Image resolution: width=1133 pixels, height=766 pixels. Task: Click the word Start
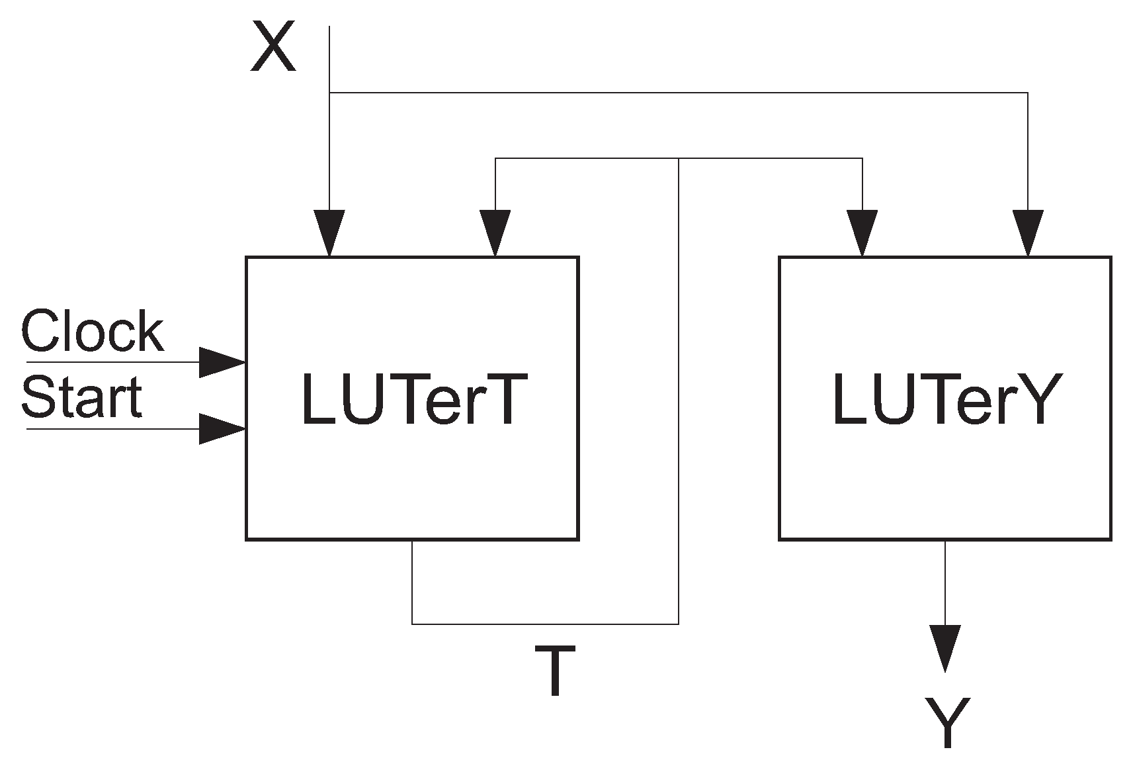pos(82,397)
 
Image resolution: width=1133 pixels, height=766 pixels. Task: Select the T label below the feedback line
pos(555,671)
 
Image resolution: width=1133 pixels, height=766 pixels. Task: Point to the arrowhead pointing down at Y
pos(944,647)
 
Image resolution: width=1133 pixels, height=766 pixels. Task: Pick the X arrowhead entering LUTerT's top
pos(329,233)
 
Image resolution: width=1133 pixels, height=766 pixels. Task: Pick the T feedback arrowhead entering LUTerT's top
pos(495,233)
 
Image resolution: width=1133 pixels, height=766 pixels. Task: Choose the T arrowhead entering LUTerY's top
pos(862,233)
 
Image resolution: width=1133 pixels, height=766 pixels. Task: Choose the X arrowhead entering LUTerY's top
pos(1028,233)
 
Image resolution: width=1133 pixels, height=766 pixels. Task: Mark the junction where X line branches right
pos(329,93)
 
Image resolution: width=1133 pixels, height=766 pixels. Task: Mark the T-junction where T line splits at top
pos(679,158)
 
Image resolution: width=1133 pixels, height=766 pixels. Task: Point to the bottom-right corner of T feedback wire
pos(679,624)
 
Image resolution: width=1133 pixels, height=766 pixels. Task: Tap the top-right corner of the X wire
pos(1028,93)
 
